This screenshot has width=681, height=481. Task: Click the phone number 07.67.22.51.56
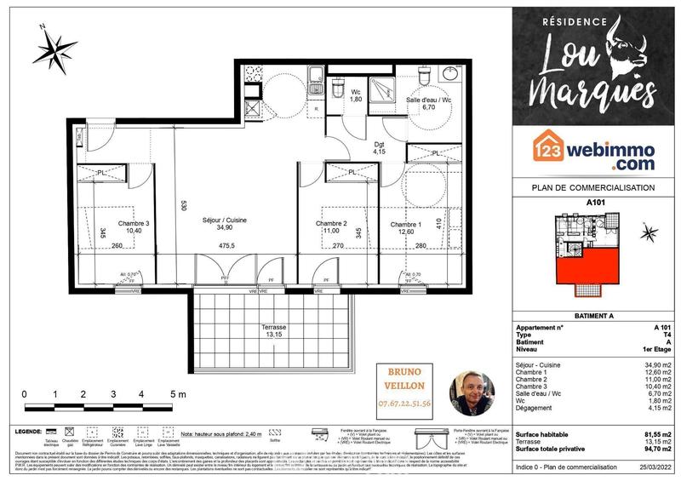[404, 403]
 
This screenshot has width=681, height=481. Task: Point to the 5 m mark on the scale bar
[178, 394]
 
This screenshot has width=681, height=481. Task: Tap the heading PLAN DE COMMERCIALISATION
[592, 187]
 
